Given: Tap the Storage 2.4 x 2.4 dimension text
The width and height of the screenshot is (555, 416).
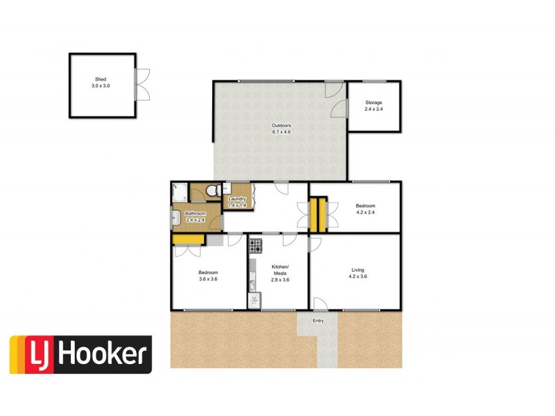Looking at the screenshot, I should [374, 109].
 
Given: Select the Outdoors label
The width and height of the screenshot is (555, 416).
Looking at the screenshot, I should [281, 125].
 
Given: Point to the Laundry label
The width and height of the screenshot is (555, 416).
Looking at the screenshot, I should [238, 200].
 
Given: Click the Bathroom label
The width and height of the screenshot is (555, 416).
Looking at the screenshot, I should [195, 214].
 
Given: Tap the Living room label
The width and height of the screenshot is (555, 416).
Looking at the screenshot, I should [357, 270].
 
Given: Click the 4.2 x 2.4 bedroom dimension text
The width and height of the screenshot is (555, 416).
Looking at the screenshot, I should [366, 212].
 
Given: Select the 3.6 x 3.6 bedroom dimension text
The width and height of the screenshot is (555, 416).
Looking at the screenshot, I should [209, 279].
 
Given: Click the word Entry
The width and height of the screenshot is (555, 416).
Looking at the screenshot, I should [318, 320].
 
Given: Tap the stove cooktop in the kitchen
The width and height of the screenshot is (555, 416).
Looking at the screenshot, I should [255, 245].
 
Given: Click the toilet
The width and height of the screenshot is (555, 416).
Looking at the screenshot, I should [214, 189].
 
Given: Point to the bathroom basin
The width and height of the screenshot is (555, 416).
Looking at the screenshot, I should [176, 218].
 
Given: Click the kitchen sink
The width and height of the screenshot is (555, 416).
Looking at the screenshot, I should [253, 284].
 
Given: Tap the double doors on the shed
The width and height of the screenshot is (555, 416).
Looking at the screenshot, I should [142, 85].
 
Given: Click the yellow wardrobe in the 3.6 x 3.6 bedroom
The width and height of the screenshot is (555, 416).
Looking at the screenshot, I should [188, 240].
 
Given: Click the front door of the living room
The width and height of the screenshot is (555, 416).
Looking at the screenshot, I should [320, 304].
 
